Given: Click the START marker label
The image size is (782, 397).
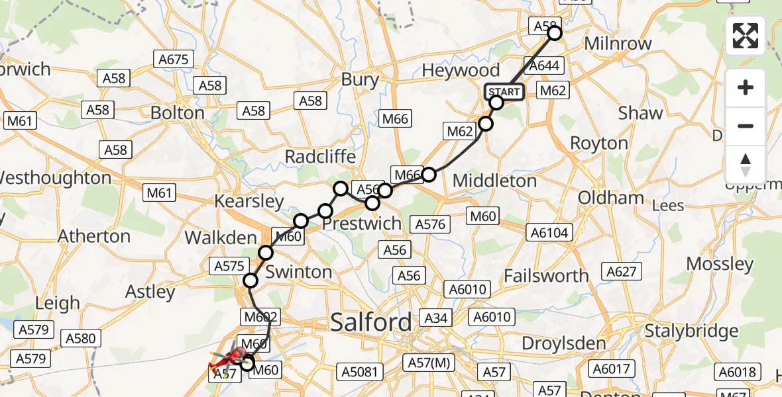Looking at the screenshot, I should (x=504, y=92).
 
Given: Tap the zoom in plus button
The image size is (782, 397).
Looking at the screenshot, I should (x=746, y=87).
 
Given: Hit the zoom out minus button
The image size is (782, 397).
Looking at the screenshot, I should (x=746, y=126).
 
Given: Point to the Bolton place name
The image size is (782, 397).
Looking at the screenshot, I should (x=177, y=112).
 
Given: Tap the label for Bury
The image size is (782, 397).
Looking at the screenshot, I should (x=360, y=80).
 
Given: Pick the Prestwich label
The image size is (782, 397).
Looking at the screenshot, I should (x=362, y=224).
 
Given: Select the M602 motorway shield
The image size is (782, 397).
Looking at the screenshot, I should (x=261, y=317).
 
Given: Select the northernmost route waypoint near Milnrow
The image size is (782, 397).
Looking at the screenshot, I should (x=555, y=33).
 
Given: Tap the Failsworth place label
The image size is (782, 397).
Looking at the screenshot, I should (x=546, y=275).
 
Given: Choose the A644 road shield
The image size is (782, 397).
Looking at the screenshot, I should (x=543, y=66).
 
